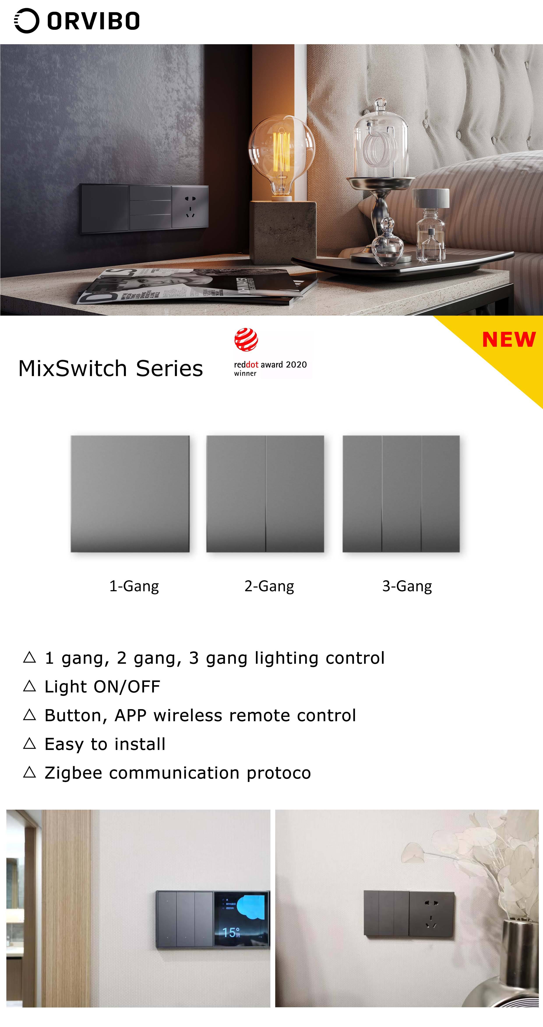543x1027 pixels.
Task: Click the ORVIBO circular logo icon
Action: click(27, 21)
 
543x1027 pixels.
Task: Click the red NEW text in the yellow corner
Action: click(509, 340)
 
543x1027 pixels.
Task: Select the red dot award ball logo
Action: click(246, 340)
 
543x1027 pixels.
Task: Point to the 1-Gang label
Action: click(134, 586)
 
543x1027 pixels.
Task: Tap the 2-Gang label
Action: click(269, 586)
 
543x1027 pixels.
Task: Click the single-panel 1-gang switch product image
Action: click(130, 494)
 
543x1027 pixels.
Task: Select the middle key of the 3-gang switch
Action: click(402, 494)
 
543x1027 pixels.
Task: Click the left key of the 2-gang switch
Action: click(236, 494)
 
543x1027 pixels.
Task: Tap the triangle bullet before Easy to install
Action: click(30, 744)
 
